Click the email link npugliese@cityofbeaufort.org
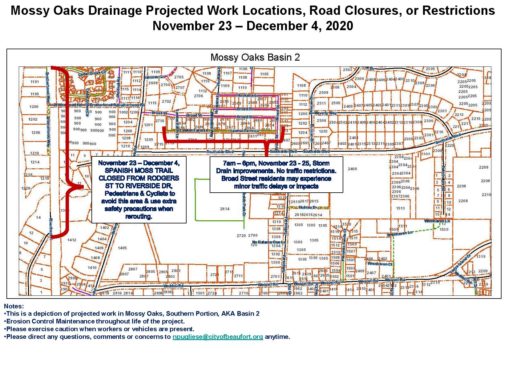218,337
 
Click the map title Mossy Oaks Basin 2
255,58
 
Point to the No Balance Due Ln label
269,242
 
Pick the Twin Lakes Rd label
443,176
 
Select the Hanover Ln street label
155,77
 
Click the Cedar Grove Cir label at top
92,74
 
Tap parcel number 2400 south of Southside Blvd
352,169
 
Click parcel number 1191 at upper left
35,82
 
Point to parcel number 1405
122,248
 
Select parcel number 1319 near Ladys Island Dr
481,256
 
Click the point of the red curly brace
81,186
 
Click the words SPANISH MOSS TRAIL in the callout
139,170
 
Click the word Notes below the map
14,306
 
